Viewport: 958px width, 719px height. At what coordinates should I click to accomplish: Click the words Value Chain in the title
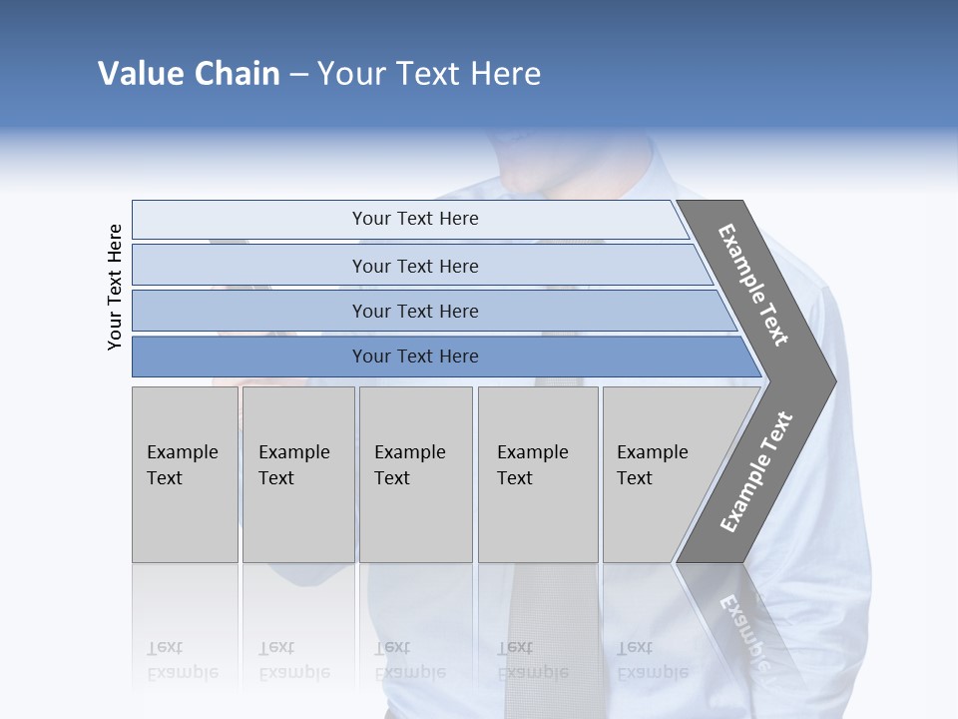pyautogui.click(x=189, y=74)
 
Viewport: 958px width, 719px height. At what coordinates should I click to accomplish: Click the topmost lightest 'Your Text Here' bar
pyautogui.click(x=414, y=219)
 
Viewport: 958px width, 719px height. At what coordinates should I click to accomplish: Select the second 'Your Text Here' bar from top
pyautogui.click(x=414, y=266)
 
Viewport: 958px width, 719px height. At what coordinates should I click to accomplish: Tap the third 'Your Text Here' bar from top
pyautogui.click(x=414, y=311)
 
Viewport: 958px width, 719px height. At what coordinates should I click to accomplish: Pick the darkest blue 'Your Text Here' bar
pyautogui.click(x=414, y=357)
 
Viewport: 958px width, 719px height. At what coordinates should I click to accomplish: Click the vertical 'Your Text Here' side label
pyautogui.click(x=115, y=287)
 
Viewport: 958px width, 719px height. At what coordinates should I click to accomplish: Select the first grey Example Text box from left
pyautogui.click(x=185, y=474)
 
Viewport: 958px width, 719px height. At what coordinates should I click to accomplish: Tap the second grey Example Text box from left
pyautogui.click(x=298, y=474)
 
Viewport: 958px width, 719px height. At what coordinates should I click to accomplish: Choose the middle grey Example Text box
pyautogui.click(x=415, y=474)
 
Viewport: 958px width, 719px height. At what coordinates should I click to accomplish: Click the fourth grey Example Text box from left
pyautogui.click(x=538, y=474)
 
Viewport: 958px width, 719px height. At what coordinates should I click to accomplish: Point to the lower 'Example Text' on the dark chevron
pyautogui.click(x=756, y=472)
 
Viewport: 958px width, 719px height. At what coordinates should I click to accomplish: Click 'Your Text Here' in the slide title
pyautogui.click(x=429, y=74)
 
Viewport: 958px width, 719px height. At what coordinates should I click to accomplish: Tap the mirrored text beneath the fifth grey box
pyautogui.click(x=651, y=660)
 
